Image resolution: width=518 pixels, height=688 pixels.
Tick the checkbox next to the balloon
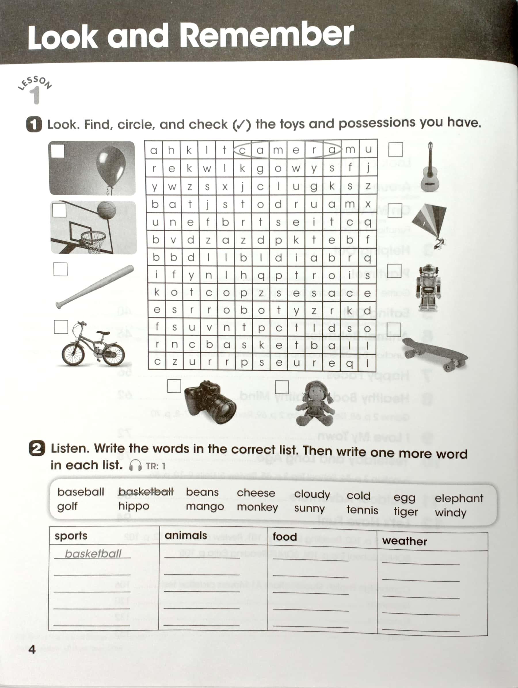click(x=58, y=151)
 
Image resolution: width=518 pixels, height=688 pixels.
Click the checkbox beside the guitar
click(x=395, y=150)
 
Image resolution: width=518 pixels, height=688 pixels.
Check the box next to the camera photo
click(x=174, y=386)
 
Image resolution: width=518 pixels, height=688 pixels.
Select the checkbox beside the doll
click(x=282, y=387)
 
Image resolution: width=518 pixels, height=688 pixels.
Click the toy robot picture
click(x=429, y=288)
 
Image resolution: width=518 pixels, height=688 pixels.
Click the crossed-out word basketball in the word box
click(x=146, y=492)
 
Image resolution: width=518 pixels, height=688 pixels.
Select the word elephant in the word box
click(x=459, y=498)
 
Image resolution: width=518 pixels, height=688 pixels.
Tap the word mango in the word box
click(x=205, y=507)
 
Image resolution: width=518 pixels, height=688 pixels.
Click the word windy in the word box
click(x=450, y=512)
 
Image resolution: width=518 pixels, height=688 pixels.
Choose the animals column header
click(x=186, y=535)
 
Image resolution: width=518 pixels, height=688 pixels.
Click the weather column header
click(x=404, y=541)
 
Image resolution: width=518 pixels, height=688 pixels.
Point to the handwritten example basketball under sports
click(x=93, y=553)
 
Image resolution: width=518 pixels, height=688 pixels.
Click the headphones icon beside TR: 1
click(x=135, y=466)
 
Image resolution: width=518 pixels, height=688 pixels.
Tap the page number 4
click(x=32, y=649)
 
